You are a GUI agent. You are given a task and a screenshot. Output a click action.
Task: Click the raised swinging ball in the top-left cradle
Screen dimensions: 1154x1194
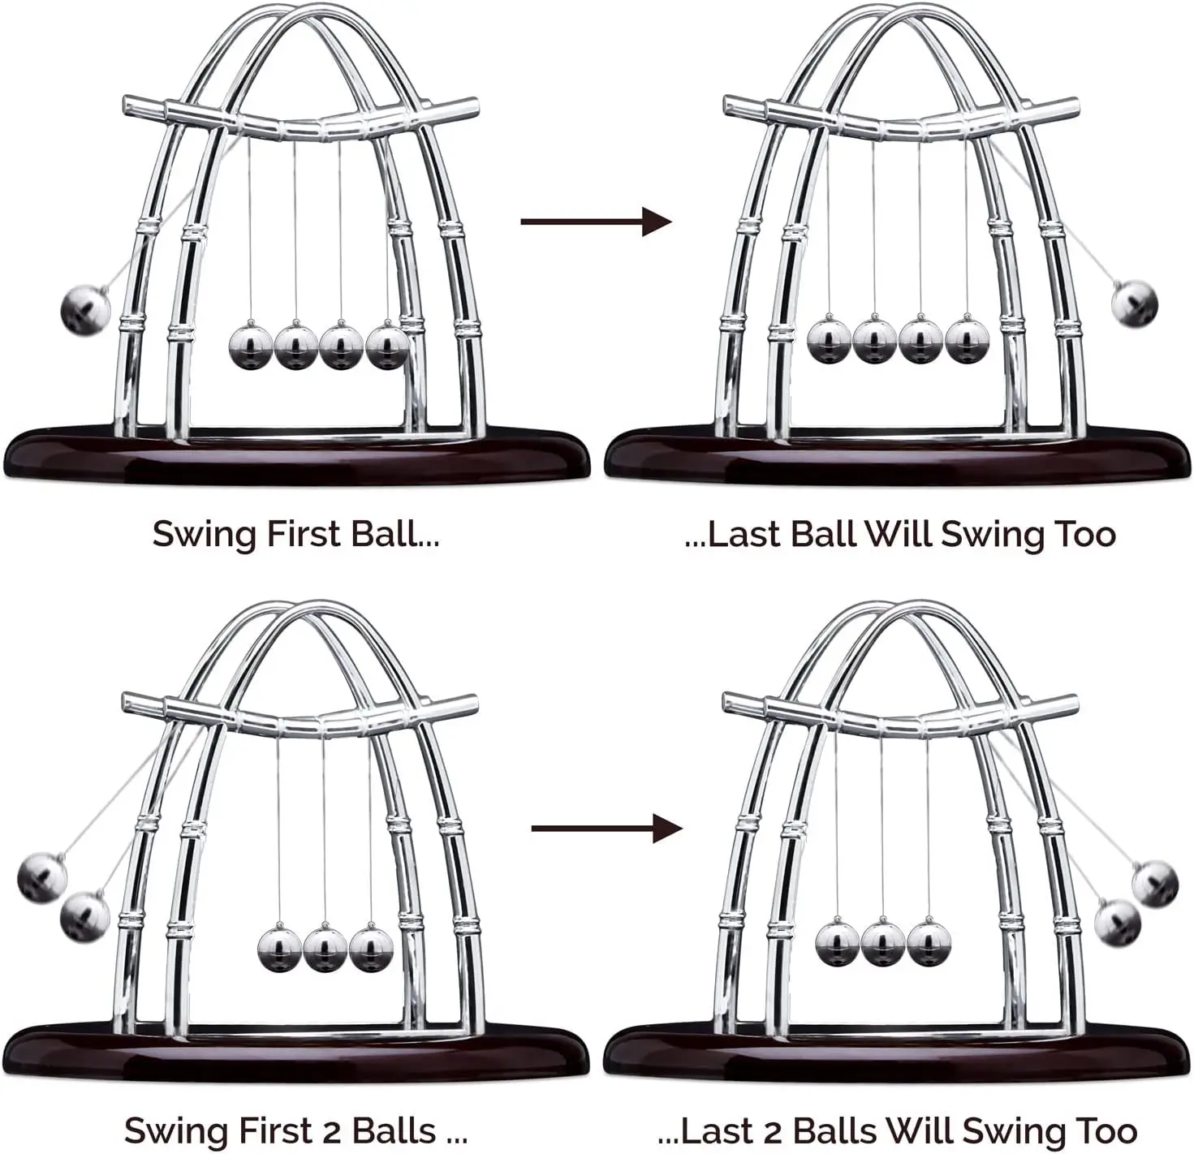(x=85, y=309)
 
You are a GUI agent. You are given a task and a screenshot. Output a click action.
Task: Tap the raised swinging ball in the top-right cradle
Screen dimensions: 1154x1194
(x=1134, y=304)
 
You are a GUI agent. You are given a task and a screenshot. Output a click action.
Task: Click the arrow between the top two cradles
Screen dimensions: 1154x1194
(x=596, y=221)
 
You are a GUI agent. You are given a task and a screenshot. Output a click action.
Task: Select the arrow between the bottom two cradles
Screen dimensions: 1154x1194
(x=606, y=829)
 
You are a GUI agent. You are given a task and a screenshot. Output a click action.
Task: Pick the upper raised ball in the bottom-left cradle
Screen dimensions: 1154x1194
(x=42, y=877)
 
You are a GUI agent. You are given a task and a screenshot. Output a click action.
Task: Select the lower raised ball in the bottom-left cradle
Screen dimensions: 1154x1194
(x=85, y=917)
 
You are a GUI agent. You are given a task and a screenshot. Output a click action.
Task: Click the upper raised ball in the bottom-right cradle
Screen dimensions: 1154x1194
(x=1154, y=883)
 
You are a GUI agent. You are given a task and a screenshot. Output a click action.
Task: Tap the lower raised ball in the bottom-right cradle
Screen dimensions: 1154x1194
(x=1118, y=922)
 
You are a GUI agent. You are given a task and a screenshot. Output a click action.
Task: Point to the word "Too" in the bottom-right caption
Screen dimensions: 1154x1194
(x=1106, y=1130)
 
